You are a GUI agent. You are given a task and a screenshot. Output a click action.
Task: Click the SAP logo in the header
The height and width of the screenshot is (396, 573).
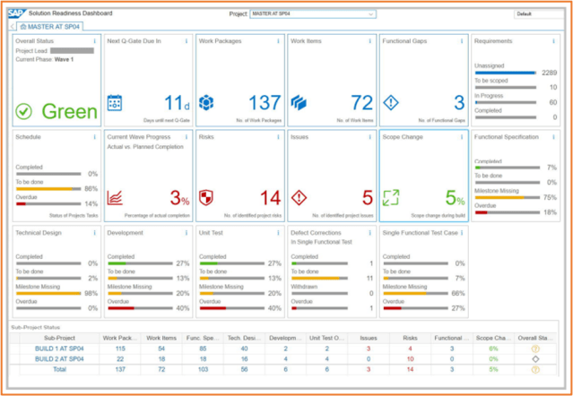click(x=19, y=13)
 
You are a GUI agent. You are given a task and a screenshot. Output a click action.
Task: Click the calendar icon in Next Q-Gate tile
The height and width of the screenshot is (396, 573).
click(x=115, y=103)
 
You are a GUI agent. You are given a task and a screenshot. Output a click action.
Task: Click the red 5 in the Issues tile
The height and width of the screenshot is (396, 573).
click(x=366, y=197)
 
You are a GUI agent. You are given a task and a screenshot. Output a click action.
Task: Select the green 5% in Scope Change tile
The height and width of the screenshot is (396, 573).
click(x=455, y=199)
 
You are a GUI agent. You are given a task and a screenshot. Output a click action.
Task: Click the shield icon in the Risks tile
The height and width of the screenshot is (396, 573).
click(x=206, y=197)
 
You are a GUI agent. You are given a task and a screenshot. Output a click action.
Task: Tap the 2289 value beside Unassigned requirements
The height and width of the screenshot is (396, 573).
click(x=549, y=73)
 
